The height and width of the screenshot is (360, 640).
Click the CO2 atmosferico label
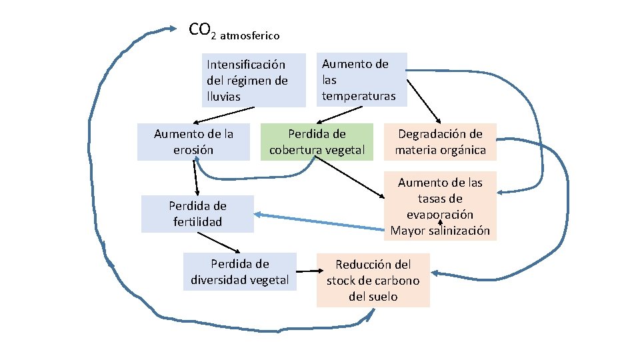pyautogui.click(x=233, y=31)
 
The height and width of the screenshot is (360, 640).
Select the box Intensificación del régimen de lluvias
pyautogui.click(x=254, y=81)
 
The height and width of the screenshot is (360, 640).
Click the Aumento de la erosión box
pyautogui.click(x=193, y=142)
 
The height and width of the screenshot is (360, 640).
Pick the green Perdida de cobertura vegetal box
pyautogui.click(x=317, y=142)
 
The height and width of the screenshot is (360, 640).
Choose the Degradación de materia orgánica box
pyautogui.click(x=440, y=142)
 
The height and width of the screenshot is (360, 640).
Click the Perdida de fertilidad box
pyautogui.click(x=197, y=213)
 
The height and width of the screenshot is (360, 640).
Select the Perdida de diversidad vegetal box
pyautogui.click(x=239, y=271)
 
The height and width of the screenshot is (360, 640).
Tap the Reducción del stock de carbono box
pyautogui.click(x=373, y=280)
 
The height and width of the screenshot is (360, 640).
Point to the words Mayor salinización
pyautogui.click(x=440, y=231)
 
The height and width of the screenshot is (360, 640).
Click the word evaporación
pyautogui.click(x=440, y=215)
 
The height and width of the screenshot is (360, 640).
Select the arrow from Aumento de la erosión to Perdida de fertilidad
pyautogui.click(x=195, y=178)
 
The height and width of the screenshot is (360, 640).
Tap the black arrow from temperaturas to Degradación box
pyautogui.click(x=423, y=100)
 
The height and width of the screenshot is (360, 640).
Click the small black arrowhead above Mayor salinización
pyautogui.click(x=441, y=220)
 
